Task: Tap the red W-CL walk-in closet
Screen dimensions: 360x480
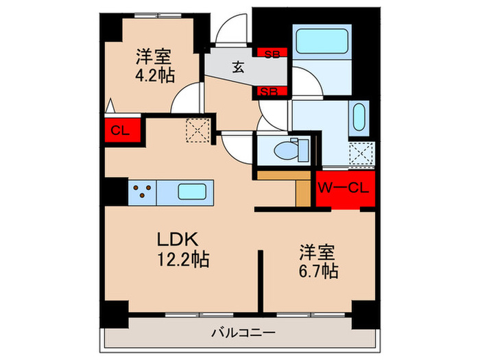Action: pyautogui.click(x=344, y=187)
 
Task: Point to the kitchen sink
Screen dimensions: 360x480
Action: pyautogui.click(x=192, y=191)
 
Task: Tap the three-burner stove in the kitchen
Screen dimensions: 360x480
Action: pyautogui.click(x=143, y=191)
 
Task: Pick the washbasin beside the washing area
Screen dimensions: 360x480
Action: pyautogui.click(x=358, y=118)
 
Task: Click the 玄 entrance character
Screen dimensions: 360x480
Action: pyautogui.click(x=237, y=67)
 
